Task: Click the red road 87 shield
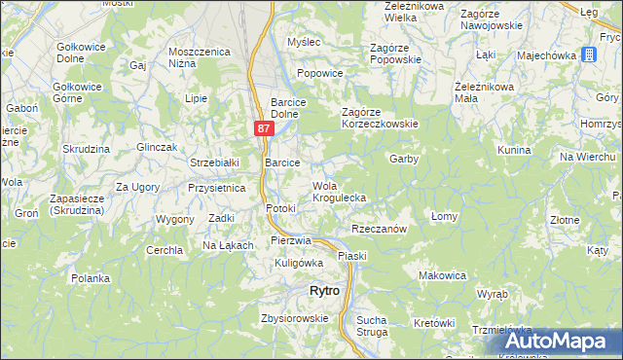point(265,127)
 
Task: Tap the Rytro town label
point(323,291)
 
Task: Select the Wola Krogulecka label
point(338,192)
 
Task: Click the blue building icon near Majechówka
point(590,54)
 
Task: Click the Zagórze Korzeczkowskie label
point(379,124)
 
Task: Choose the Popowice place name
point(320,73)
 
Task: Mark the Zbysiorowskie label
point(294,318)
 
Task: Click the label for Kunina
point(513,150)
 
